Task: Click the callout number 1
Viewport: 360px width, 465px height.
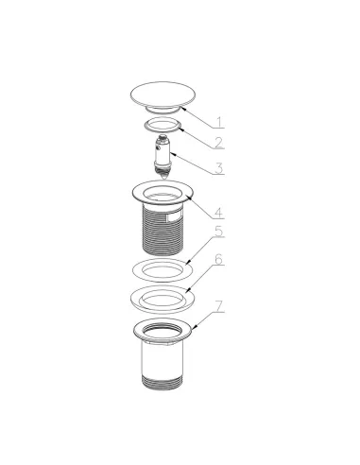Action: click(x=219, y=122)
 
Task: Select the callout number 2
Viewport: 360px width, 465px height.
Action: click(x=219, y=143)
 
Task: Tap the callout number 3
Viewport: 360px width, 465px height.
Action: click(x=219, y=168)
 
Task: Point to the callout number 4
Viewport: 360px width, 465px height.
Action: click(x=219, y=213)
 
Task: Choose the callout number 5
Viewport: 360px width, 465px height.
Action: click(x=219, y=231)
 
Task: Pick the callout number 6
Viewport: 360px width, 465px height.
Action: click(x=219, y=259)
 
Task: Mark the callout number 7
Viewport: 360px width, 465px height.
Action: click(x=219, y=306)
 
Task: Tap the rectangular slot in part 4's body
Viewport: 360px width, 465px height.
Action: click(x=174, y=217)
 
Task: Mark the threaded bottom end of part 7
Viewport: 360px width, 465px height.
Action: click(x=163, y=383)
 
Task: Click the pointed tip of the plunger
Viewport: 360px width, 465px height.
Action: click(x=163, y=180)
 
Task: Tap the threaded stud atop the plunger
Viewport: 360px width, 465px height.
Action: click(x=163, y=138)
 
